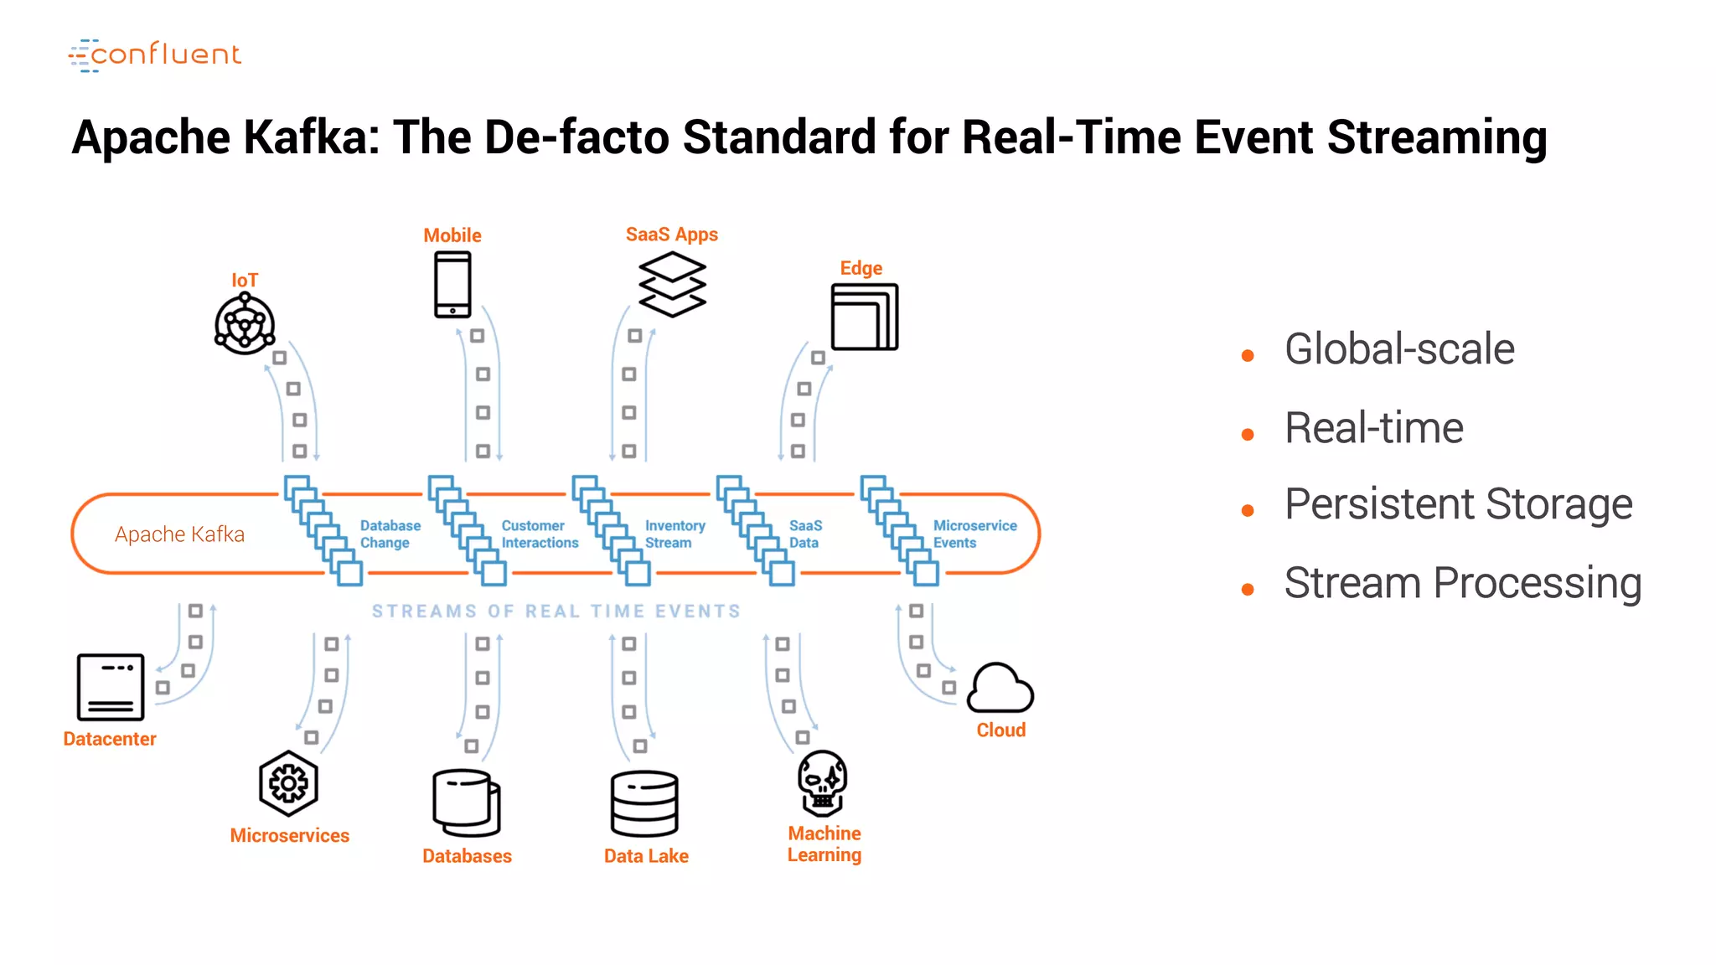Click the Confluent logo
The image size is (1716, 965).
click(x=155, y=55)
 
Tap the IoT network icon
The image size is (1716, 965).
click(x=245, y=324)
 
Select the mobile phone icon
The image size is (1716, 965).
click(x=452, y=286)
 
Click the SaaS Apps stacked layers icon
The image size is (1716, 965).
click(x=672, y=285)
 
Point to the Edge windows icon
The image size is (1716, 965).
click(x=864, y=317)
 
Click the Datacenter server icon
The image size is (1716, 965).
click(x=111, y=687)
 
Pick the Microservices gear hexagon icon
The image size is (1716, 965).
click(x=288, y=784)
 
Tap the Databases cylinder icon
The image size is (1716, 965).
click(x=467, y=802)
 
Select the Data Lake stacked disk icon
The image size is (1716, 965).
click(x=644, y=803)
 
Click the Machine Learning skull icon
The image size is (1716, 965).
click(x=823, y=782)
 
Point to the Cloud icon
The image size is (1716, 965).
click(x=1000, y=689)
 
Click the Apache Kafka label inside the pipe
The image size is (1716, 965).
click(x=179, y=534)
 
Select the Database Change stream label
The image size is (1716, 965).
click(x=390, y=534)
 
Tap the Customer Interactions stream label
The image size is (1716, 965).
click(x=540, y=534)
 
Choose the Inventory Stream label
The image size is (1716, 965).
click(x=675, y=534)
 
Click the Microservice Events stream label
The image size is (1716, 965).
click(x=974, y=534)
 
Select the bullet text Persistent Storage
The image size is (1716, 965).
click(x=1458, y=504)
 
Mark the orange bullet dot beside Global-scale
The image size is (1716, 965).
click(x=1248, y=356)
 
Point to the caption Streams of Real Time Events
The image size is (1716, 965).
click(x=556, y=612)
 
